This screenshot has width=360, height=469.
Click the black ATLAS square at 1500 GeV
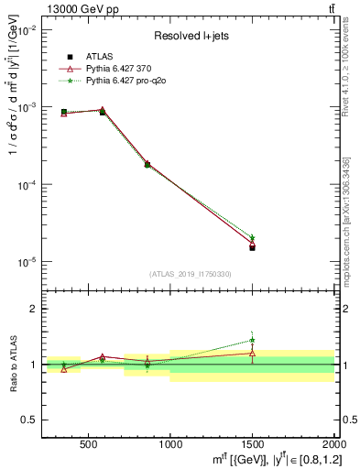coord(252,247)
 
